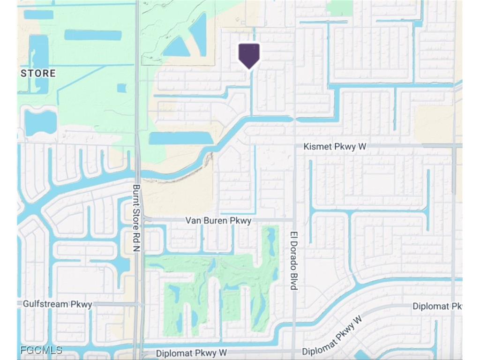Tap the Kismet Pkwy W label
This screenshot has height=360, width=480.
pos(335,147)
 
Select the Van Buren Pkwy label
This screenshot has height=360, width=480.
pos(218,220)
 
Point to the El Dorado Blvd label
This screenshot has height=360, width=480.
pos(294,261)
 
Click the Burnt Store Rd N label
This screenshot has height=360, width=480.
pos(136,217)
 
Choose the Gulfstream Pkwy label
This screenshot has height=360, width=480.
pos(58,304)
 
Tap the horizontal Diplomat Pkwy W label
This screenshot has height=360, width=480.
pos(191,352)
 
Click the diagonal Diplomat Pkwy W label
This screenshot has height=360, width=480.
pos(332,336)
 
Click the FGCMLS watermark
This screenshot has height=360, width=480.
pos(41,350)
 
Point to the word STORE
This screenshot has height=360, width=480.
pos(38,73)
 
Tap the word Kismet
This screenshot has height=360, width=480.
pos(317,147)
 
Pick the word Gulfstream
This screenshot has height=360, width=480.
pos(47,304)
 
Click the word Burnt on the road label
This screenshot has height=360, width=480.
pos(136,193)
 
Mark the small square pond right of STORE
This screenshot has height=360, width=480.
pos(121,88)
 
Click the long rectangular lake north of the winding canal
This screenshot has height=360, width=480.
pos(180,138)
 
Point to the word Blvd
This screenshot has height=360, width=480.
pos(294,281)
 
